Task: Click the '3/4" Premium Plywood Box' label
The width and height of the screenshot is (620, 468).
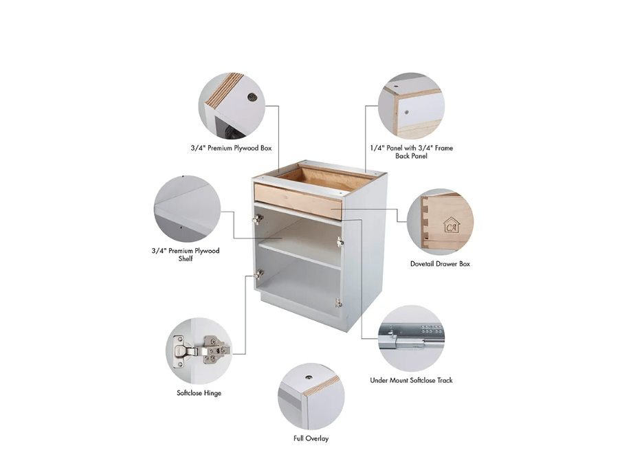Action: pos(232,148)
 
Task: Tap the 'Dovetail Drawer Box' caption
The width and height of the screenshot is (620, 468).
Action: pos(440,264)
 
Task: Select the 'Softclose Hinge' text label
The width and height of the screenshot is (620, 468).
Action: pos(199,393)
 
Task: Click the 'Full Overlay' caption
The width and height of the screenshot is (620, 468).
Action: pos(311,438)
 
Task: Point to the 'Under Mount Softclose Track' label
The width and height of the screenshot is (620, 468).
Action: pos(411,380)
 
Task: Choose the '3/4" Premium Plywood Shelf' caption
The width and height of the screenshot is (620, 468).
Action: pos(186,254)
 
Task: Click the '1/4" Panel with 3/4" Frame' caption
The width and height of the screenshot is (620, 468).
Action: pos(412,148)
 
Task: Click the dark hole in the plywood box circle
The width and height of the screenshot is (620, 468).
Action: pos(252,97)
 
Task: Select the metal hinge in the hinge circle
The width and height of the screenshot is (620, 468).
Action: pos(201,350)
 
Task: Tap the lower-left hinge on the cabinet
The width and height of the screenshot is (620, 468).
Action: pos(258,274)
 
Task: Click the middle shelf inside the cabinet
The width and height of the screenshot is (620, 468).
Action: pos(300,256)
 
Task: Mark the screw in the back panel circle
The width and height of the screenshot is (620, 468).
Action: pos(407,112)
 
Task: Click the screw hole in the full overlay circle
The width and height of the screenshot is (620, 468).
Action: pos(308,378)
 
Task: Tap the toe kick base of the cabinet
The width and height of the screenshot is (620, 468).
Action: pos(305,311)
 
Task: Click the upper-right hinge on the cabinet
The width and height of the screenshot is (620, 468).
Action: pos(340,241)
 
